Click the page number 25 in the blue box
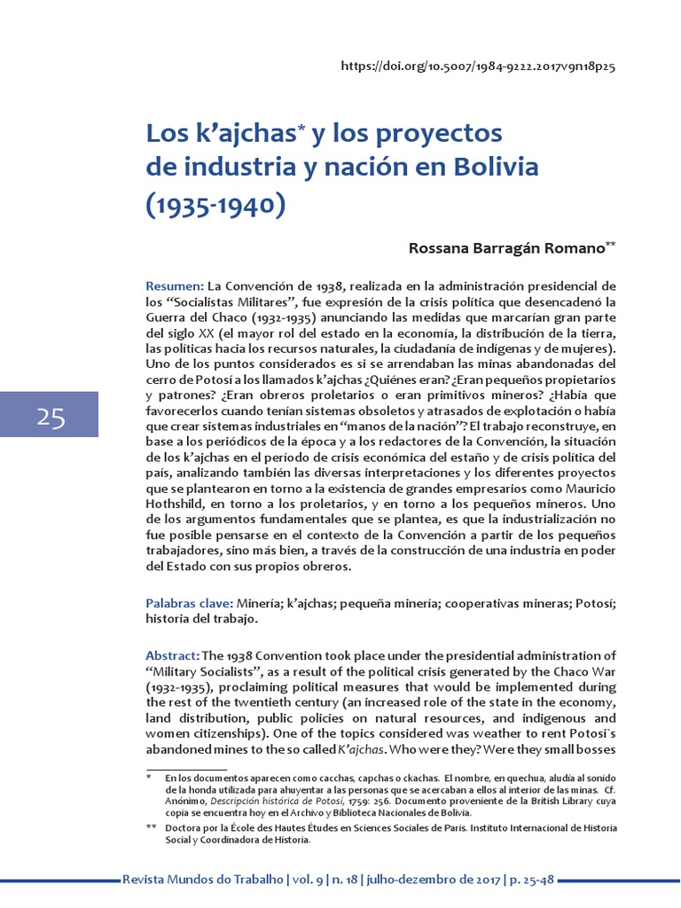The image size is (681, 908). [x=51, y=417]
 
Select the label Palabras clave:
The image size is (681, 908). [x=189, y=604]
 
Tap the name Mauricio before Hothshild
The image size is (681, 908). [x=584, y=490]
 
